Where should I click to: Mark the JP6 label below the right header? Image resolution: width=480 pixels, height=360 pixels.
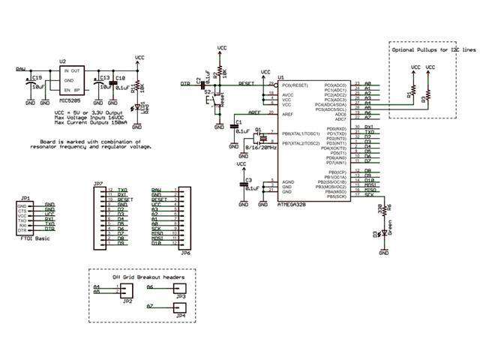[x=185, y=253]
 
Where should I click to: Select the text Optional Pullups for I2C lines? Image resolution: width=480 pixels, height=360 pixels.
[x=433, y=49]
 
